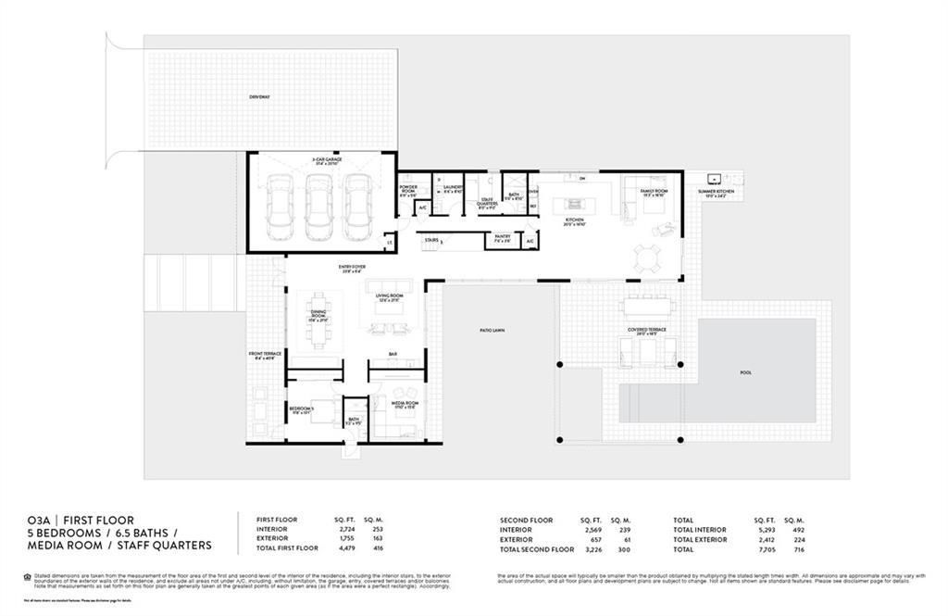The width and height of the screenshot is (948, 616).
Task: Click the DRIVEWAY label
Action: (258, 97)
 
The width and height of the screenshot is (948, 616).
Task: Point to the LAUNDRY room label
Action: (452, 187)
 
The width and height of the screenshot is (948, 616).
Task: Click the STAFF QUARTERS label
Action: (486, 204)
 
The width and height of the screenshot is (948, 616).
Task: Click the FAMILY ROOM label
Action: (654, 191)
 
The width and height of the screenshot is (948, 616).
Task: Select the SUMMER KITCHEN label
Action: (715, 192)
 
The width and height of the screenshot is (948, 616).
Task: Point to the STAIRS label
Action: (430, 239)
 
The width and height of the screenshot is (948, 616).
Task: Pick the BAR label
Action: (393, 354)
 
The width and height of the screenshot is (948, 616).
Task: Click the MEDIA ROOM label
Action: (405, 404)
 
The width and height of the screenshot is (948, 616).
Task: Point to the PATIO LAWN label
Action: (492, 330)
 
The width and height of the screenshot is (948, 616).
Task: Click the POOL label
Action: (745, 372)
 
